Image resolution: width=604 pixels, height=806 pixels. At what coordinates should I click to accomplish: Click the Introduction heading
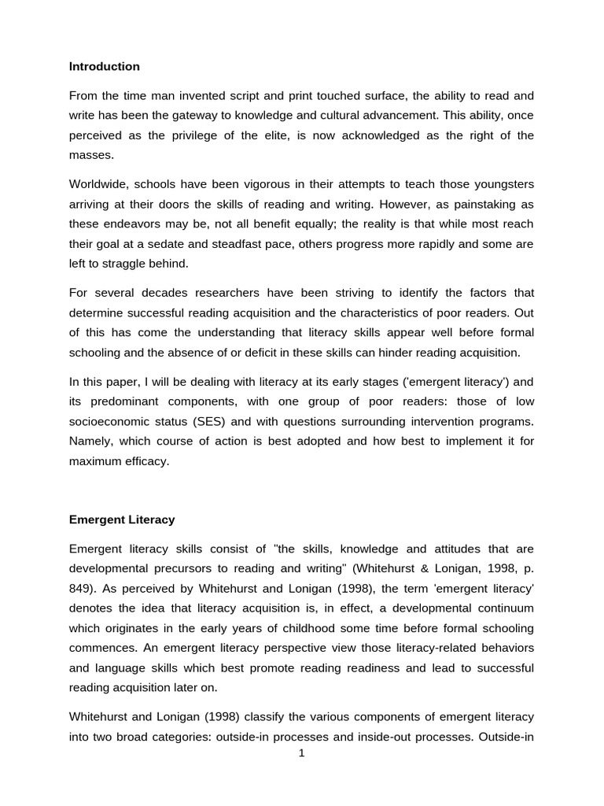pyautogui.click(x=104, y=67)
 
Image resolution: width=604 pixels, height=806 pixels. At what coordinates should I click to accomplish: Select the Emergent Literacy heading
pyautogui.click(x=122, y=519)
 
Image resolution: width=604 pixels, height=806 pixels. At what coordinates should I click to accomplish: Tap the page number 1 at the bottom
pyautogui.click(x=301, y=753)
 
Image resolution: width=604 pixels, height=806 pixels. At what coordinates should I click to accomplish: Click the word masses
pyautogui.click(x=90, y=155)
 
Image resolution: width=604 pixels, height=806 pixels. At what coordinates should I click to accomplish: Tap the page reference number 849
pyautogui.click(x=82, y=588)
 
